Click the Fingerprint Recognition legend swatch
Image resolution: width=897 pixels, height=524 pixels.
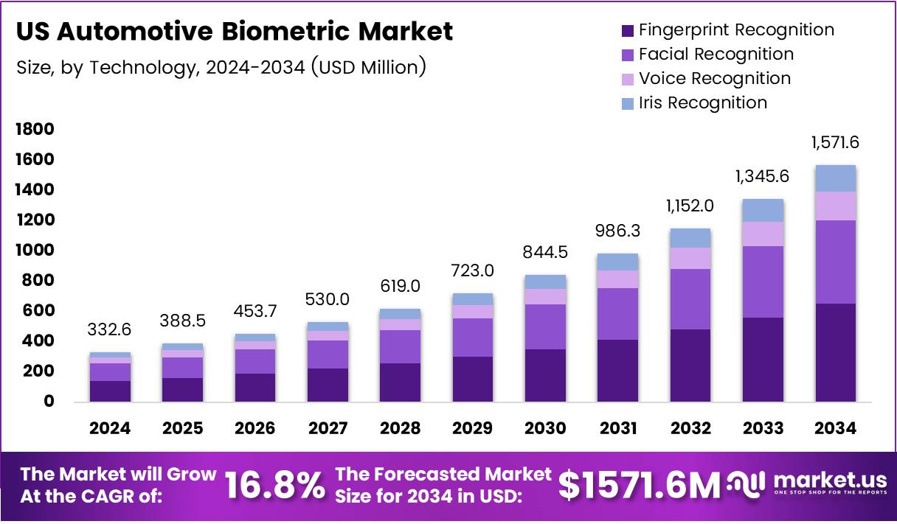tap(628, 31)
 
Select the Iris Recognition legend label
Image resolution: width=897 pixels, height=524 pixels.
tap(703, 102)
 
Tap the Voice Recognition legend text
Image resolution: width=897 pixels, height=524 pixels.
tap(714, 78)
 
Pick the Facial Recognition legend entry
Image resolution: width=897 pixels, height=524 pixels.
tap(716, 55)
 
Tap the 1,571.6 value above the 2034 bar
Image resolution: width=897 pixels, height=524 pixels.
tap(836, 143)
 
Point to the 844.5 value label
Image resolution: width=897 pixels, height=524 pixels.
tap(545, 253)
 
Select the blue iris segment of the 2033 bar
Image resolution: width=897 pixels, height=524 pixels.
tap(763, 210)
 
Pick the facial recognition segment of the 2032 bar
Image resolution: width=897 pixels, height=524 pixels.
tap(690, 298)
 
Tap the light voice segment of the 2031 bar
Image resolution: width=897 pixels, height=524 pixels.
tap(618, 279)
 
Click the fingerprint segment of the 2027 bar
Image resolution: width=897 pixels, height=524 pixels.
tap(328, 385)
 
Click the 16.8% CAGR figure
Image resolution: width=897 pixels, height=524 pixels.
tap(274, 486)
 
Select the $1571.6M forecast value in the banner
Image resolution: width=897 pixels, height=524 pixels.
tap(638, 485)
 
